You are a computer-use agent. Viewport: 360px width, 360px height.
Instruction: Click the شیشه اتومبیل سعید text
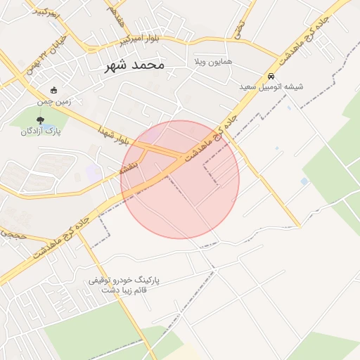(x=271, y=86)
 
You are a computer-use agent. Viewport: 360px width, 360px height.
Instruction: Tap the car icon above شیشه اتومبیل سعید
(x=271, y=76)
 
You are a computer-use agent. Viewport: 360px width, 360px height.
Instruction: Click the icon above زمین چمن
(x=54, y=90)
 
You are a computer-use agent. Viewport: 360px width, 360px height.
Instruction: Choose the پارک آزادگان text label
(x=40, y=131)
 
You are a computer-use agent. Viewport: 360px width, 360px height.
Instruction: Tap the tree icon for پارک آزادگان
(x=40, y=120)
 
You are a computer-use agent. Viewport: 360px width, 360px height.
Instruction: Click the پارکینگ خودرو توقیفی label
(x=124, y=279)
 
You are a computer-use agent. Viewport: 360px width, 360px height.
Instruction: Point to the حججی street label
(x=13, y=236)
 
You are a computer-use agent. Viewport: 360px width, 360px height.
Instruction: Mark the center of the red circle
(x=180, y=179)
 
